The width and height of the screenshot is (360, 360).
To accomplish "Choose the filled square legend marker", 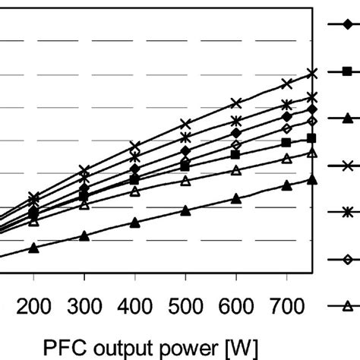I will click(346, 71).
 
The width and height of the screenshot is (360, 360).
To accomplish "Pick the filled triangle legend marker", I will click(346, 118).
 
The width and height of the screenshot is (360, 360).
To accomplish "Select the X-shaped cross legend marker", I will click(346, 166).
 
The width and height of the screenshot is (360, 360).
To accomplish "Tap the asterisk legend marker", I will click(346, 213).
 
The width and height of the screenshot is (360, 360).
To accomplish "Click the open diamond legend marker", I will click(346, 260).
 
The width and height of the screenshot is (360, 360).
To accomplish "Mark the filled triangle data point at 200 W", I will click(33, 248).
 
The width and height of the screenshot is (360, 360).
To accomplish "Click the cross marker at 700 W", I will click(286, 84).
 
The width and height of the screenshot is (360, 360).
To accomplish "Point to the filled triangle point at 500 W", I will click(185, 210).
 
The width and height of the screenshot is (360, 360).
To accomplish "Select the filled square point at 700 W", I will click(286, 142).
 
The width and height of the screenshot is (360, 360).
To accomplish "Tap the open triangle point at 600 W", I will click(236, 170).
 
